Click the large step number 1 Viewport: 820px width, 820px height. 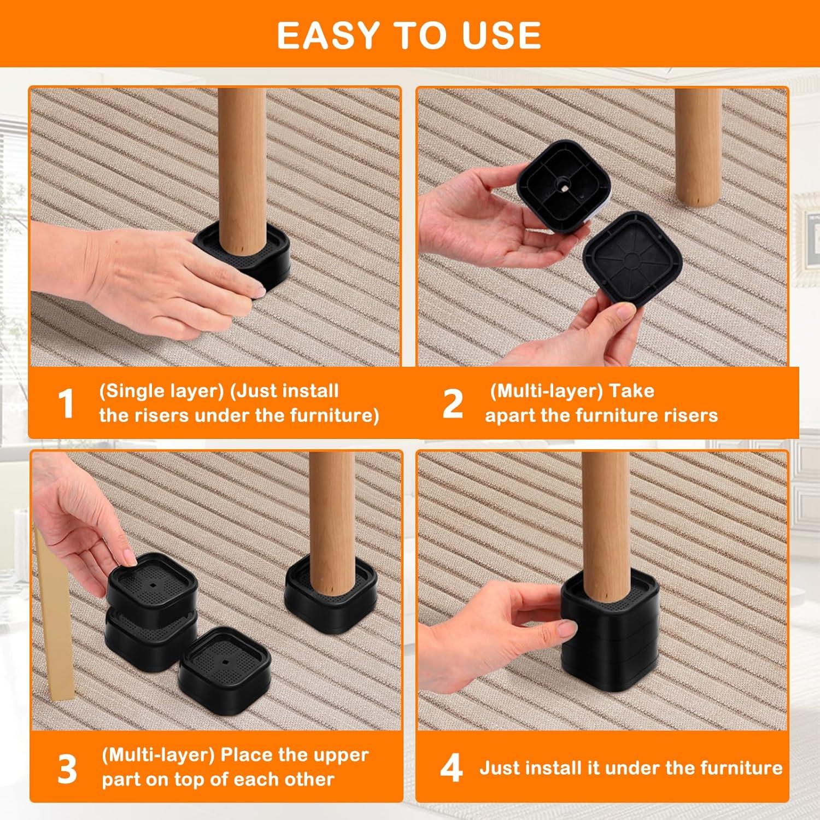click(66, 404)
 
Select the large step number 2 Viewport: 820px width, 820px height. click(453, 404)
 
